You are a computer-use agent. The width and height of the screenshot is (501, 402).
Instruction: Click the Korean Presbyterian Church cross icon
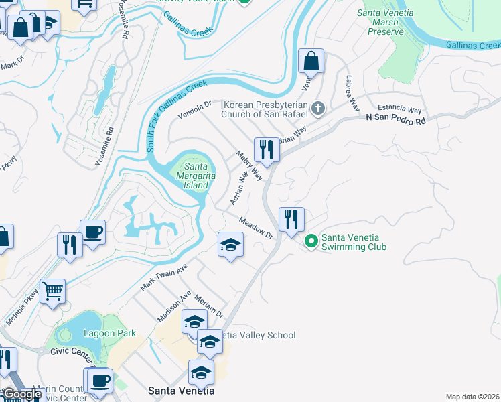click(x=319, y=108)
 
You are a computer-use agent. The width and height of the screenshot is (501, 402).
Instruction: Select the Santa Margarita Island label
click(x=191, y=176)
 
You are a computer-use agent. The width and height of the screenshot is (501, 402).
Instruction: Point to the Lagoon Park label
click(x=110, y=333)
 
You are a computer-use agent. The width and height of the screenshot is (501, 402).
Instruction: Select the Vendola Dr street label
click(x=194, y=109)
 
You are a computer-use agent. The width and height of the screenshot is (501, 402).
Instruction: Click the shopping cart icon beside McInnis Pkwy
click(x=52, y=291)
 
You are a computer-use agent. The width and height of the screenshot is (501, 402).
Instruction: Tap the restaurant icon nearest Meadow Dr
click(x=291, y=219)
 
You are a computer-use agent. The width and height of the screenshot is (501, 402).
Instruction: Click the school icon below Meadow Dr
click(x=230, y=245)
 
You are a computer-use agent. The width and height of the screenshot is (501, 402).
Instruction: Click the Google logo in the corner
click(x=22, y=395)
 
